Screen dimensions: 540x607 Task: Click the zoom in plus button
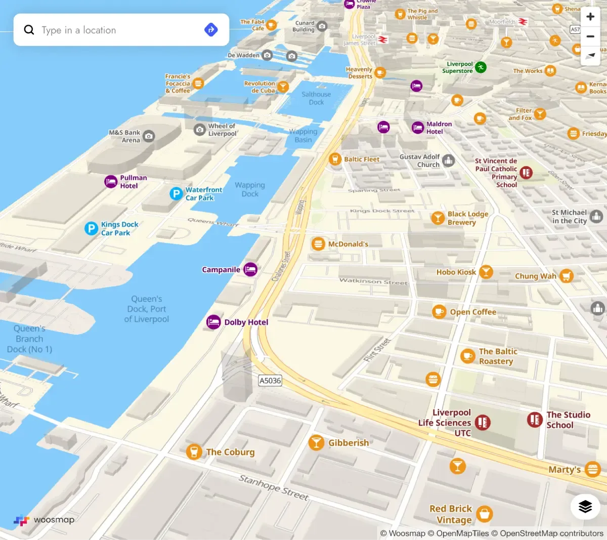point(590,17)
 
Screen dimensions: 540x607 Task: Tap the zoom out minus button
point(590,36)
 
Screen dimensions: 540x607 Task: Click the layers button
point(585,506)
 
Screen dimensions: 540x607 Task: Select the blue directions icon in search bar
point(211,30)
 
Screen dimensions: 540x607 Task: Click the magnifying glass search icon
point(29,30)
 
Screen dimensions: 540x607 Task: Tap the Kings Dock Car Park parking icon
point(91,229)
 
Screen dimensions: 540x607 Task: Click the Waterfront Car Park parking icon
point(176,193)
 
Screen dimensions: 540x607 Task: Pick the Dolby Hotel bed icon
point(213,322)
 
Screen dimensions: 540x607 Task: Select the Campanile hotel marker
point(250,269)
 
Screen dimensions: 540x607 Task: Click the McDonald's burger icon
point(318,244)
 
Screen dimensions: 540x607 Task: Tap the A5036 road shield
point(270,381)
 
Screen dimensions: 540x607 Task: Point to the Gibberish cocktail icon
point(316,442)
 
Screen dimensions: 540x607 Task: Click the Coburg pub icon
point(194,451)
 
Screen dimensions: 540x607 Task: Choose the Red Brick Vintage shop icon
point(484,514)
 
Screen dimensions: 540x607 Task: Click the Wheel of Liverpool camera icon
point(200,130)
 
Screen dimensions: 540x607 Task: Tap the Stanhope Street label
point(274,487)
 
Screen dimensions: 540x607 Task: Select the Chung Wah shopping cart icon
point(567,276)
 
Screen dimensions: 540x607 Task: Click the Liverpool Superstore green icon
point(481,67)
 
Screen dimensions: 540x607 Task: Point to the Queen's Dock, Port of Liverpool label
point(147,309)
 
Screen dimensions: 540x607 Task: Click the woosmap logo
point(44,520)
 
